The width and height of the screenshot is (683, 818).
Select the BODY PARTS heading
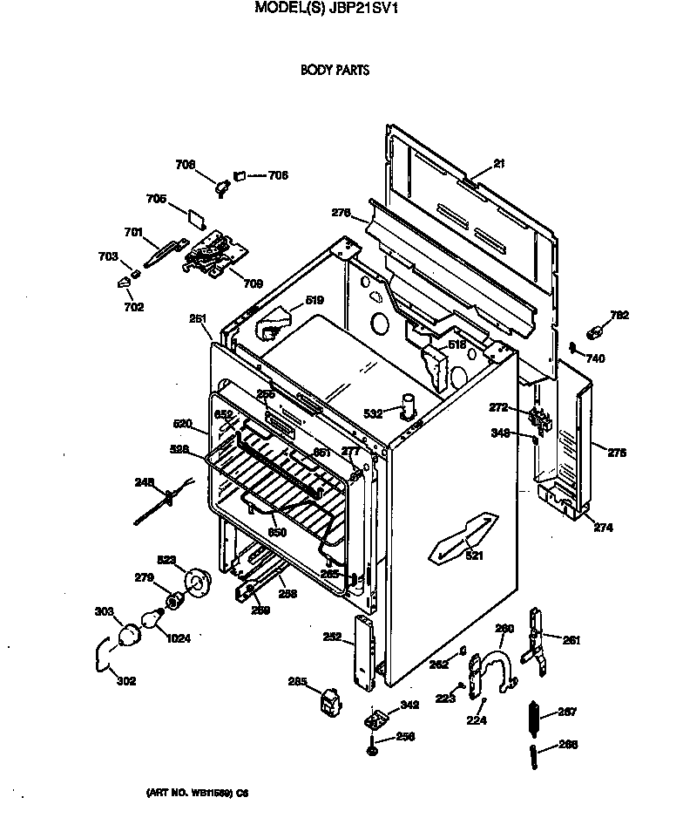coord(335,71)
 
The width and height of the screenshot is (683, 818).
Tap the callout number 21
coord(498,163)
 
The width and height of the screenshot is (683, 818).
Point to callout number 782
coord(619,315)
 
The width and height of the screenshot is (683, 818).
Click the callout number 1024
coord(178,637)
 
